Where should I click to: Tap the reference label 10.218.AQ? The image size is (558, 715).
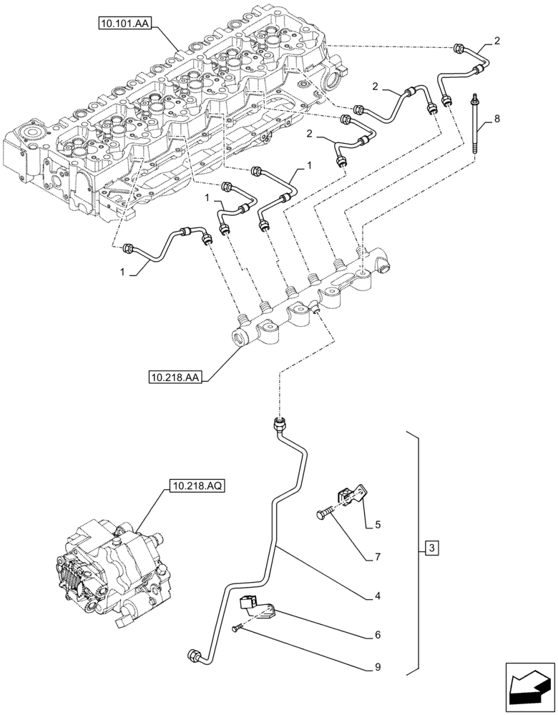pyautogui.click(x=197, y=488)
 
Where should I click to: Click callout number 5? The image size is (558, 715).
pyautogui.click(x=376, y=526)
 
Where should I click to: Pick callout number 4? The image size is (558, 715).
pyautogui.click(x=377, y=595)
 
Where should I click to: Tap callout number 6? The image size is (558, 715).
pyautogui.click(x=377, y=634)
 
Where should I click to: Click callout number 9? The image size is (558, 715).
pyautogui.click(x=377, y=668)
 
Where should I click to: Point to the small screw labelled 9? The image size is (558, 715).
pyautogui.click(x=238, y=628)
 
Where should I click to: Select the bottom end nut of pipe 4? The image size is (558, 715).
pyautogui.click(x=194, y=654)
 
